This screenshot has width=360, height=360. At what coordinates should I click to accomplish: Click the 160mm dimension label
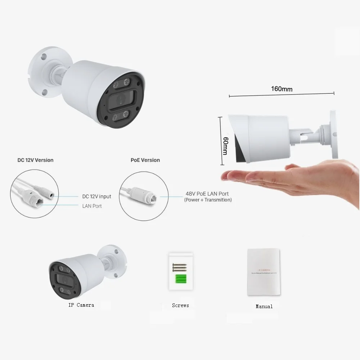point(282,89)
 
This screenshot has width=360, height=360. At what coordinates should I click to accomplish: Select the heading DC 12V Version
point(35,160)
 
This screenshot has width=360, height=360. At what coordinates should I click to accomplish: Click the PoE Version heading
point(145,160)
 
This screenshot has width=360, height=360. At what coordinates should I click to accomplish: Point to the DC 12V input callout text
point(97,197)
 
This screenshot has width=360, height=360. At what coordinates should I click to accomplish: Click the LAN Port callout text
point(92,206)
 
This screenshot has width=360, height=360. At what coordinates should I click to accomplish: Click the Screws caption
point(180,305)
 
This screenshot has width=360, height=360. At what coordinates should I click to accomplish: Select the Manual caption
point(264,306)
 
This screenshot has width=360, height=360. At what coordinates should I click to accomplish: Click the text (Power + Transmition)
point(208,200)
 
